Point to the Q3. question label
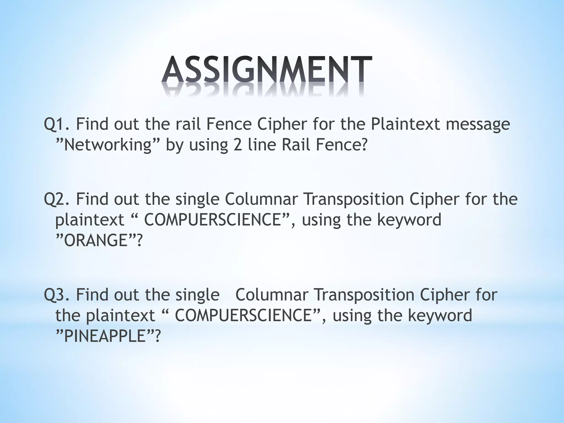(57, 295)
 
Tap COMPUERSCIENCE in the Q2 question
(212, 220)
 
